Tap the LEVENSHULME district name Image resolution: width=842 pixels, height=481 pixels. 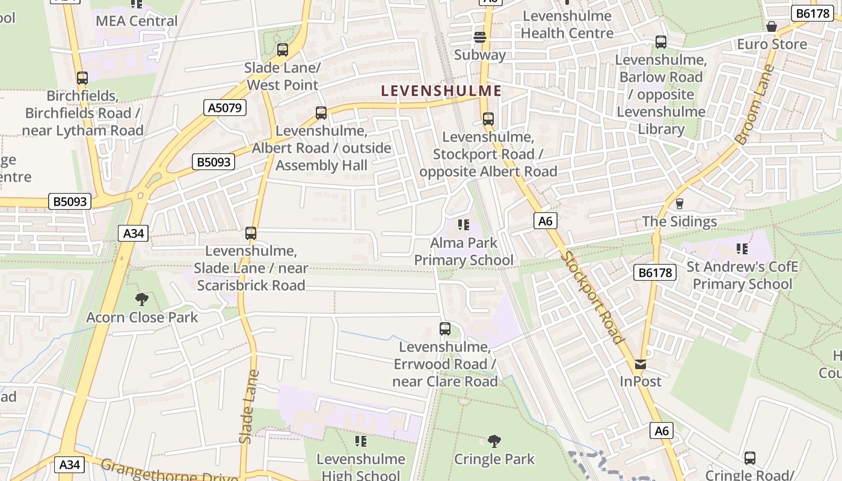click(x=441, y=91)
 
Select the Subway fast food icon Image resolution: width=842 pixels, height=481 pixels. click(x=480, y=37)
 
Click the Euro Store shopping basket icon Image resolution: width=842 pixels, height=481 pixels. click(x=772, y=26)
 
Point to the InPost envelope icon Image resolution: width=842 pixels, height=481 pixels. click(x=641, y=364)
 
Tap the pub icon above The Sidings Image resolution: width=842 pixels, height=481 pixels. click(x=680, y=204)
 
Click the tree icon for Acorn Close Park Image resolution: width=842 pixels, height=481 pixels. click(x=142, y=299)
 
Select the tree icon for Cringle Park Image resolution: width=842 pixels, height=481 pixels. click(x=494, y=441)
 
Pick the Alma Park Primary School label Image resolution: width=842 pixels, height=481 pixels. click(x=464, y=251)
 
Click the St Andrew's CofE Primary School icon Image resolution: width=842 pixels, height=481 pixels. click(x=742, y=248)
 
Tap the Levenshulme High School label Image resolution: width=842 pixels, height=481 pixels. click(x=361, y=467)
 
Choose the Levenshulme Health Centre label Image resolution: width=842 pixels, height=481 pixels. click(x=567, y=25)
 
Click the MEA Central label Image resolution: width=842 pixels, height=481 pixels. click(x=137, y=21)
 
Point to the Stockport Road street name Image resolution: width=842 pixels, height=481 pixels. click(x=592, y=297)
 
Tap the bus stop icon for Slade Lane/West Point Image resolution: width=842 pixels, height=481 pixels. click(x=283, y=50)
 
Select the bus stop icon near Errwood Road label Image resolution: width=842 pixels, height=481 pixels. click(x=445, y=329)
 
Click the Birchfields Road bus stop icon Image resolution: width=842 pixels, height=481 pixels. click(x=82, y=78)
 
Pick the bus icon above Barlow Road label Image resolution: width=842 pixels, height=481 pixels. click(x=661, y=42)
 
